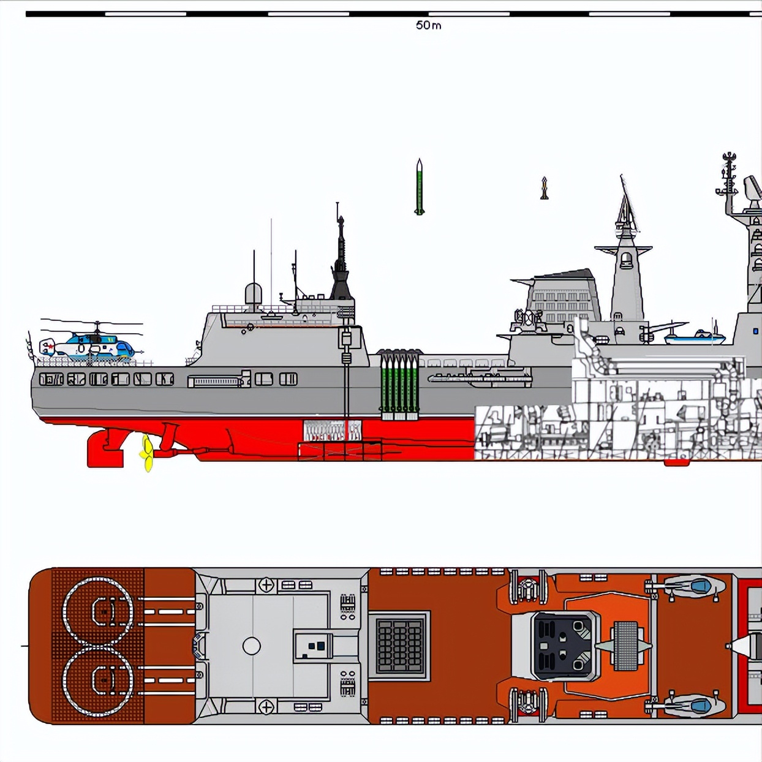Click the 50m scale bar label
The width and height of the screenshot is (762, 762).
(428, 25)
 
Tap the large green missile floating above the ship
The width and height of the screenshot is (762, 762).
(419, 187)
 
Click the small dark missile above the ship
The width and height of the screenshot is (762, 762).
(544, 189)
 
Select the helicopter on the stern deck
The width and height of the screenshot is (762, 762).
(92, 345)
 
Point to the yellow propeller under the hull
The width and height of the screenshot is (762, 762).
(147, 453)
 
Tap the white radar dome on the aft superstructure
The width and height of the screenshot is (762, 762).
(254, 294)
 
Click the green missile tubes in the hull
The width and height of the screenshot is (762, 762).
(399, 386)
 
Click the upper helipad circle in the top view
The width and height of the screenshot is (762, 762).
(98, 611)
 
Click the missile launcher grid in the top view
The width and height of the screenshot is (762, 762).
(399, 645)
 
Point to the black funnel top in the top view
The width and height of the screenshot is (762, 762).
(564, 646)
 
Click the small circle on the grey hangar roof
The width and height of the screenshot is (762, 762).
(252, 646)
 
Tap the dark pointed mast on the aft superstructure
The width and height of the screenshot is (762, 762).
(341, 257)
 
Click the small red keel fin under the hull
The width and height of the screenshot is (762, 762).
(676, 462)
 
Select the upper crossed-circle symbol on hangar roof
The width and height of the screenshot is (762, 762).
(266, 585)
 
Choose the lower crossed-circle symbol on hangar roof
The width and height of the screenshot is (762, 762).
(266, 707)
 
